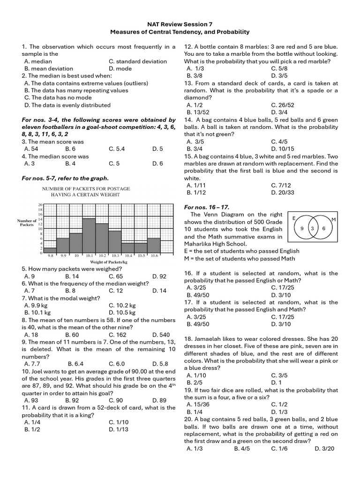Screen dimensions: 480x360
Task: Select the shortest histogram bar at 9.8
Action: tap(50, 250)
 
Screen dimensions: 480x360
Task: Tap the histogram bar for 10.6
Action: tap(154, 245)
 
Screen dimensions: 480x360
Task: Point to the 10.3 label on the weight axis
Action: tap(115, 256)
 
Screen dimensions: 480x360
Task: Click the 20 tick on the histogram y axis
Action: tap(40, 205)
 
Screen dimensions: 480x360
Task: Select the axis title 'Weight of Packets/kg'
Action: tap(102, 262)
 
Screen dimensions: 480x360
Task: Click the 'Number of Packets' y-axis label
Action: tap(27, 223)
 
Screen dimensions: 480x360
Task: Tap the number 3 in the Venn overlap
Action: tap(312, 228)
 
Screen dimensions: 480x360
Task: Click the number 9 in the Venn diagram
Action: tap(302, 228)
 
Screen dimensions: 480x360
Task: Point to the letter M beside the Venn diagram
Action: tap(334, 219)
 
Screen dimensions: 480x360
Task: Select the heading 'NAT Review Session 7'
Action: tap(180, 24)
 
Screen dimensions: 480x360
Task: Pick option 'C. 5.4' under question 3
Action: tap(117, 149)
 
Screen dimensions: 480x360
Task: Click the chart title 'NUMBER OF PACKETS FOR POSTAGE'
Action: tap(86, 188)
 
